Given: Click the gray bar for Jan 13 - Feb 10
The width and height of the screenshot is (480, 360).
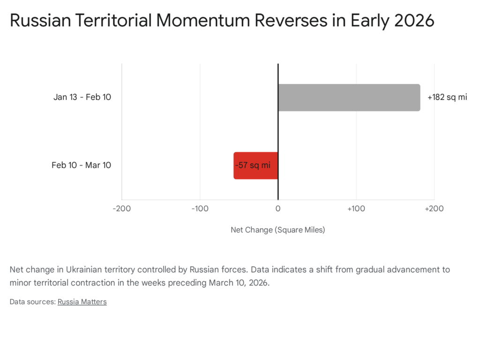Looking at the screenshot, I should tap(349, 97).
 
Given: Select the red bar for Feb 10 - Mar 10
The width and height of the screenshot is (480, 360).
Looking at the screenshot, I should tap(256, 165).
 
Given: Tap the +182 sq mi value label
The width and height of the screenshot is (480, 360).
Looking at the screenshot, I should tap(447, 97).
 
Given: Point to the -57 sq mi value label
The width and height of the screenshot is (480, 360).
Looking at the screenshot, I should tap(253, 165).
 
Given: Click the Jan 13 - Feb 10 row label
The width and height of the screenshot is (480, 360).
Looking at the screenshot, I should tap(82, 97).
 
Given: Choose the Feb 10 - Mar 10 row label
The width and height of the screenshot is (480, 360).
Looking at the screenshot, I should tap(81, 165).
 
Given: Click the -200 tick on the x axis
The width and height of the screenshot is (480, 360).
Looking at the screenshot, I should tap(122, 209).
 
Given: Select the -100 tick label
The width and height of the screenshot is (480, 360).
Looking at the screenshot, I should tap(200, 209).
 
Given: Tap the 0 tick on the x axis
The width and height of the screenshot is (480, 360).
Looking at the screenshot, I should tap(278, 209).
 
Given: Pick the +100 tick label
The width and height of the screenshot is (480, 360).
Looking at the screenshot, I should tap(356, 209).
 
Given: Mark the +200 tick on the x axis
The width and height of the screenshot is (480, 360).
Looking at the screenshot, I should tap(434, 209).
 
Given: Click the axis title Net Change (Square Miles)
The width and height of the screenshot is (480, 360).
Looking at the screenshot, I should tap(278, 230).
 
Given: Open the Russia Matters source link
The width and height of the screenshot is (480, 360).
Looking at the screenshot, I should tap(82, 302).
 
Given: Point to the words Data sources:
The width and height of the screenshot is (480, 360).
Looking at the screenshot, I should tap(32, 302).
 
